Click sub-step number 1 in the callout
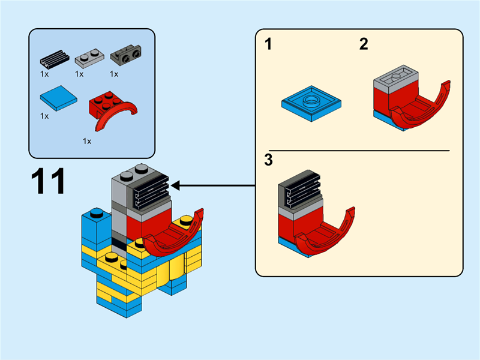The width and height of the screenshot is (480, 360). tap(268, 44)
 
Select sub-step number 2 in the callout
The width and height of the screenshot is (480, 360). tap(364, 44)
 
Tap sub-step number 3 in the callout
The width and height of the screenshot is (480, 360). tap(268, 160)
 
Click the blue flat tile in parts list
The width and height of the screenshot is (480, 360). tap(58, 100)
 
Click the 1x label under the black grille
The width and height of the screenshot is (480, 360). tap(44, 74)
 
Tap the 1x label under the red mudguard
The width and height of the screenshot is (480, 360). tap(87, 142)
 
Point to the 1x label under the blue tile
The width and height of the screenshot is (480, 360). tap(44, 116)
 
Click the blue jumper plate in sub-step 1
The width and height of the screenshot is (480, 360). tap(312, 103)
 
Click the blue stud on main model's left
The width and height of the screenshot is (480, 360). tap(97, 212)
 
